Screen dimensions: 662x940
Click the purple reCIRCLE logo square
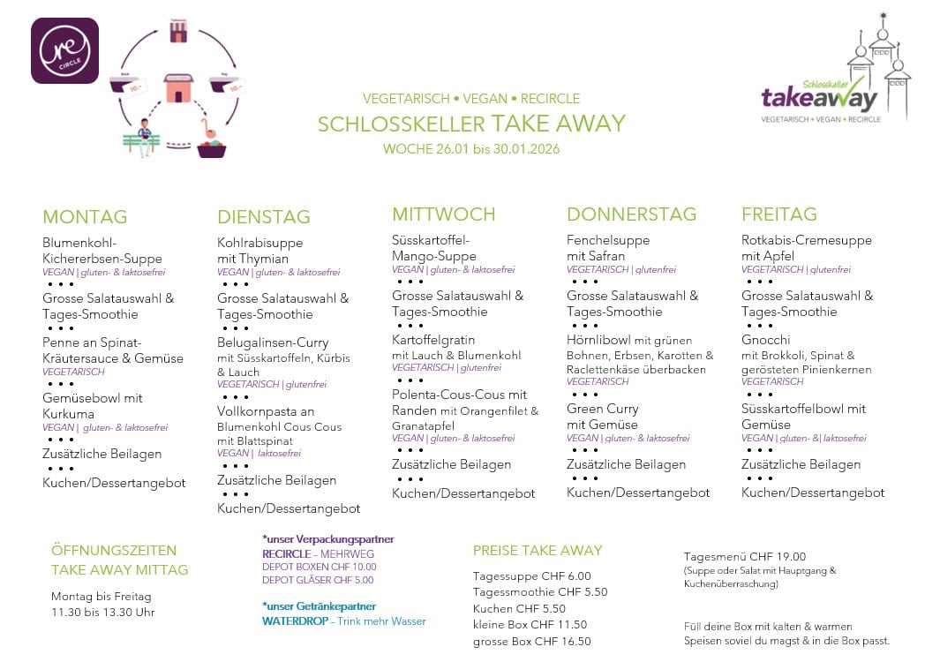click(x=64, y=51)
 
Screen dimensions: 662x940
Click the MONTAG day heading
click(x=85, y=217)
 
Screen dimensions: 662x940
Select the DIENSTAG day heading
click(x=264, y=217)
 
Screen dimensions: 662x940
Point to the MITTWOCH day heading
click(x=444, y=214)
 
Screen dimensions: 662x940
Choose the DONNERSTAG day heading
click(x=631, y=214)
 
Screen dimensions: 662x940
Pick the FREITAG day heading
click(x=779, y=214)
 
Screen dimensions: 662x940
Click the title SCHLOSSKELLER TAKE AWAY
click(x=471, y=124)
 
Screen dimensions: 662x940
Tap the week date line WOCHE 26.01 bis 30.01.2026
click(x=471, y=149)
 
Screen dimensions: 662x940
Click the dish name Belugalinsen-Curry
click(x=273, y=342)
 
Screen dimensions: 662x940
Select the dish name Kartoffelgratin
click(x=433, y=340)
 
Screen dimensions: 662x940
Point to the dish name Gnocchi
click(x=766, y=340)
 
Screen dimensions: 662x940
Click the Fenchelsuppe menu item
click(x=608, y=240)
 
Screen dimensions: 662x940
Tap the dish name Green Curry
click(x=603, y=409)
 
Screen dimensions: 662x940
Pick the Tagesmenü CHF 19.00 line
click(x=745, y=557)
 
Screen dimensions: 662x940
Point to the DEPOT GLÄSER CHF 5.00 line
click(x=318, y=581)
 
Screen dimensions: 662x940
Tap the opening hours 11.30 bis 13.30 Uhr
click(x=103, y=613)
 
